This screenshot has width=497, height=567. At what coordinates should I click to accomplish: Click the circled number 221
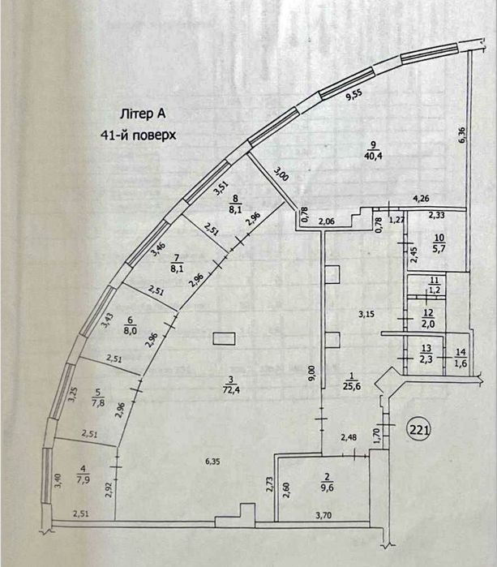pyautogui.click(x=419, y=430)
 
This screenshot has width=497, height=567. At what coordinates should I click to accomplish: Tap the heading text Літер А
pyautogui.click(x=143, y=114)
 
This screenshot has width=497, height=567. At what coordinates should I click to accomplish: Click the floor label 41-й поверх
pyautogui.click(x=139, y=135)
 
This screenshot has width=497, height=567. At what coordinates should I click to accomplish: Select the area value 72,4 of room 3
pyautogui.click(x=232, y=390)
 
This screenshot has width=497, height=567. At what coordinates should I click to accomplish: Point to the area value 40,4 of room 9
pyautogui.click(x=374, y=156)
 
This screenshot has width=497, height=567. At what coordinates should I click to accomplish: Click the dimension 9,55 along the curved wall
pyautogui.click(x=353, y=94)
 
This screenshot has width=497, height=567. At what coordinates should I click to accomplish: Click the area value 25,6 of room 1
pyautogui.click(x=353, y=386)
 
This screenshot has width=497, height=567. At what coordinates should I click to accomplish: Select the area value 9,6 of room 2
pyautogui.click(x=327, y=488)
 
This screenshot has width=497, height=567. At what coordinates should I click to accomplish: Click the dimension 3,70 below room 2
pyautogui.click(x=323, y=515)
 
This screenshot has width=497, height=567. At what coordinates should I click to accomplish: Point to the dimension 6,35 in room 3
pyautogui.click(x=212, y=462)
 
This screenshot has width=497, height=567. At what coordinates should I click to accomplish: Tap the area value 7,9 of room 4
pyautogui.click(x=84, y=479)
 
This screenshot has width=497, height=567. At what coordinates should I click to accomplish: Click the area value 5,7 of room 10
pyautogui.click(x=439, y=248)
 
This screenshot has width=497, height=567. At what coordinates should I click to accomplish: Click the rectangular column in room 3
pyautogui.click(x=224, y=339)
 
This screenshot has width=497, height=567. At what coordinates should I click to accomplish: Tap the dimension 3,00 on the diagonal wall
pyautogui.click(x=281, y=174)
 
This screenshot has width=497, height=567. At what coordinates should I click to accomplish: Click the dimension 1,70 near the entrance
pyautogui.click(x=376, y=436)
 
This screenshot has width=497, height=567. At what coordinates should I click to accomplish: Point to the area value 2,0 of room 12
pyautogui.click(x=428, y=324)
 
